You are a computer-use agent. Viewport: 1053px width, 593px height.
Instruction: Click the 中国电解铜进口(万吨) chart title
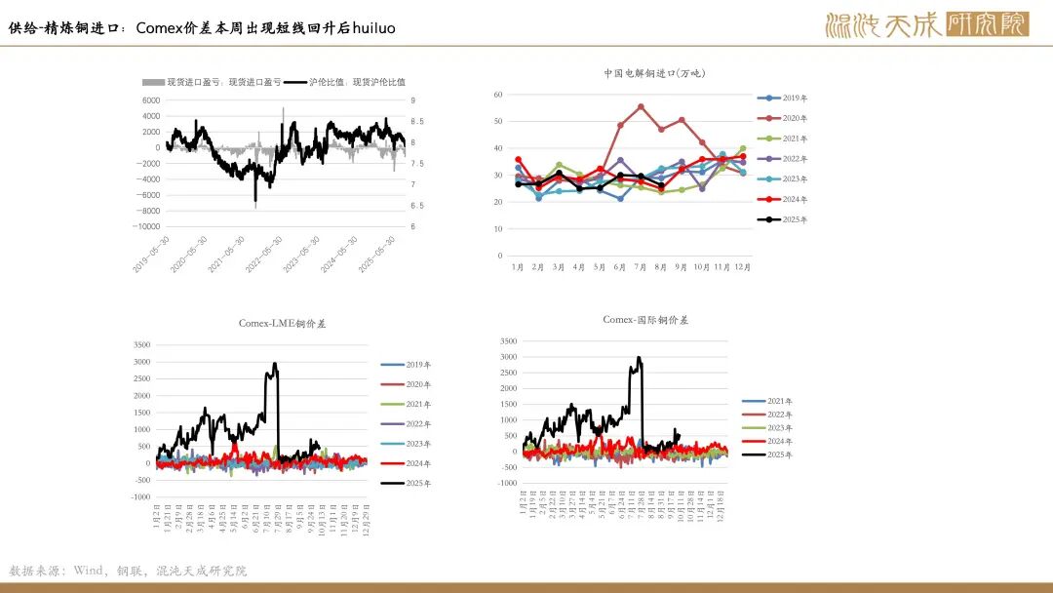(x=653, y=73)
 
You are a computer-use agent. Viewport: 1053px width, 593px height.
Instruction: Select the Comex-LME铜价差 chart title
(x=282, y=324)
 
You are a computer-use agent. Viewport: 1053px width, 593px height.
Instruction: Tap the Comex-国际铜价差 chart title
(x=645, y=320)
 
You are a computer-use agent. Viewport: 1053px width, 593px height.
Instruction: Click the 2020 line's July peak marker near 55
(x=641, y=106)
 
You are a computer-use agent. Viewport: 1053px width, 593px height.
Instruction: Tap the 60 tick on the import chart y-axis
(x=497, y=95)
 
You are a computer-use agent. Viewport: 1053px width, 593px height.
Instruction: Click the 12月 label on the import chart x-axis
(x=742, y=266)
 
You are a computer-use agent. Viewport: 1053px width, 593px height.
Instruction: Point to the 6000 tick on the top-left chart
(x=150, y=100)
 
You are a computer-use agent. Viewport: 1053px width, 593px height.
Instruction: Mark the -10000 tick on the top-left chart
(x=146, y=226)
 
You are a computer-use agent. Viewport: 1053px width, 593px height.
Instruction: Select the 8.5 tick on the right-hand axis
(x=416, y=121)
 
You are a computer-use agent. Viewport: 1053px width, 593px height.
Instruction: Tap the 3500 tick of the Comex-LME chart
(x=141, y=345)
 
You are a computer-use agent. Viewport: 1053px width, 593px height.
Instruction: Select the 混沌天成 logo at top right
(x=926, y=24)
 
